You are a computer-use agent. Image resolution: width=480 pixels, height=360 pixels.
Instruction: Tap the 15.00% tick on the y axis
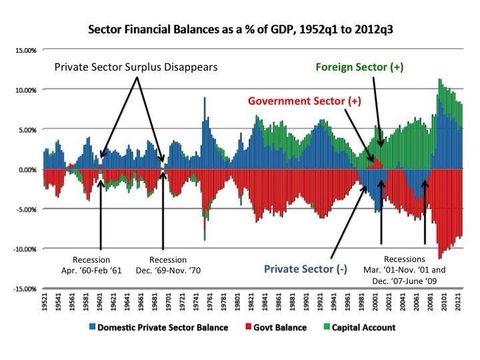pos(25,50)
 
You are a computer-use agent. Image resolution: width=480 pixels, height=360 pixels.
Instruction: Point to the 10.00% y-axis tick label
pos(25,90)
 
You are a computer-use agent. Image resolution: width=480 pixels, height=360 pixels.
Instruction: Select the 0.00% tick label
pos(26,169)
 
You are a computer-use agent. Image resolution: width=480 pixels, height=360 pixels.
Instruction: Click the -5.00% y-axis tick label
pos(25,209)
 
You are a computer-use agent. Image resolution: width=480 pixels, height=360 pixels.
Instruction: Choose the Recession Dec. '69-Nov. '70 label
pos(169,265)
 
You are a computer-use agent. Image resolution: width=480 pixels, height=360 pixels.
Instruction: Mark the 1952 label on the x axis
pos(45,304)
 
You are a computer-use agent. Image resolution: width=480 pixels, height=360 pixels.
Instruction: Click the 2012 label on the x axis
pos(457,304)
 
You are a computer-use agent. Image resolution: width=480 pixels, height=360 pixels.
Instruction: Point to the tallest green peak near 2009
pos(439,81)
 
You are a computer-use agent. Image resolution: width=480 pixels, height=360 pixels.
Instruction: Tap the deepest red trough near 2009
pos(439,257)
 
